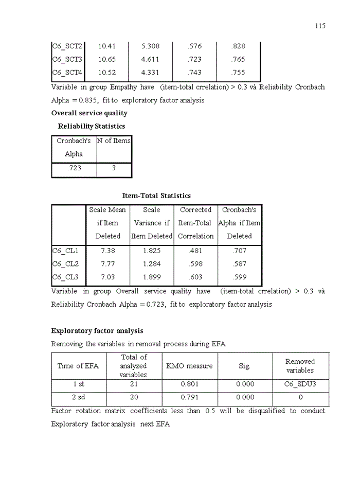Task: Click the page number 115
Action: pyautogui.click(x=320, y=26)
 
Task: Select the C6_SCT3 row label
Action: pyautogui.click(x=67, y=60)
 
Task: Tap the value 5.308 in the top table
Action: pyautogui.click(x=150, y=46)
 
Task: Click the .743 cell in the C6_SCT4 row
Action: pyautogui.click(x=194, y=73)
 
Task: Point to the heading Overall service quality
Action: pyautogui.click(x=89, y=113)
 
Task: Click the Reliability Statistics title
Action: pyautogui.click(x=91, y=126)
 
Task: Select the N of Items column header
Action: pyautogui.click(x=114, y=141)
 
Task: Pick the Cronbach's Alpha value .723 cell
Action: pyautogui.click(x=74, y=168)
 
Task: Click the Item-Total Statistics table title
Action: pyautogui.click(x=156, y=196)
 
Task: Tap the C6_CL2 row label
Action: pyautogui.click(x=65, y=264)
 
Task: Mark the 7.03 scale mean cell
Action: pyautogui.click(x=107, y=277)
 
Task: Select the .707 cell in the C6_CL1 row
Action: pyautogui.click(x=239, y=251)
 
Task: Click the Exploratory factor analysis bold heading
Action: pyautogui.click(x=97, y=331)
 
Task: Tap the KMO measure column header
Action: pyautogui.click(x=189, y=366)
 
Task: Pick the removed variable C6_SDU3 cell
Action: pyautogui.click(x=300, y=384)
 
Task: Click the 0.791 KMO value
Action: pyautogui.click(x=189, y=397)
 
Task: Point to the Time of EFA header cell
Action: pyautogui.click(x=78, y=366)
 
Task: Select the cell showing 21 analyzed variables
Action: pyautogui.click(x=133, y=384)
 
